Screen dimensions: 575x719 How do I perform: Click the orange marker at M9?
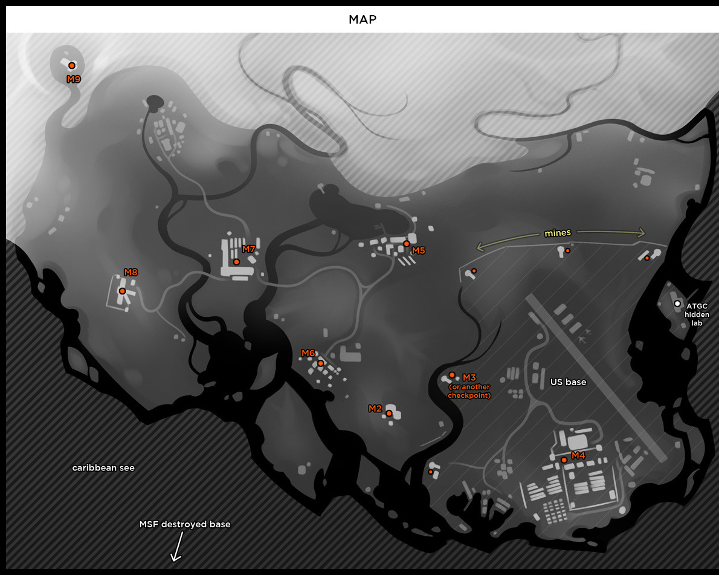pos(71,65)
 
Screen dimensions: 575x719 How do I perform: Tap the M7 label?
pos(248,249)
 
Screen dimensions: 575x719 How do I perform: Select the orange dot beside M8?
pos(122,291)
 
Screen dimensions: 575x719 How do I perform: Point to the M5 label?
pos(418,250)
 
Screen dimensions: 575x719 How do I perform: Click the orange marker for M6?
pos(321,363)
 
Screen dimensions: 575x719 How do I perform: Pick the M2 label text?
pos(375,409)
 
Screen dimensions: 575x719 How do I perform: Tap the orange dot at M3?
pos(451,375)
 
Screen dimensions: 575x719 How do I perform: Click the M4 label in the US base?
pos(578,455)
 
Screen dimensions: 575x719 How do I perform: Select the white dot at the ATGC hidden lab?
pos(677,304)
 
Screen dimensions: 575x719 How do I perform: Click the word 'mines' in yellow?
pos(558,233)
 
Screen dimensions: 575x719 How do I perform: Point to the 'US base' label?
pos(568,382)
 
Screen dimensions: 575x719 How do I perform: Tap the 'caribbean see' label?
pos(103,468)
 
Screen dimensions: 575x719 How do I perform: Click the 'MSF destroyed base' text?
pos(185,524)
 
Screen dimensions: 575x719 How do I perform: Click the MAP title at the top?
pos(363,19)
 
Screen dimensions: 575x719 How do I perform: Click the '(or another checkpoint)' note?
pos(469,391)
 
